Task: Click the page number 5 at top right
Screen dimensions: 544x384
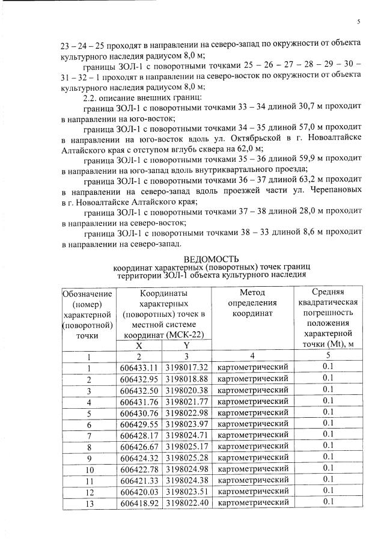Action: click(358, 22)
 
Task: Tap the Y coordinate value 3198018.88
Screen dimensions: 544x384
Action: click(187, 378)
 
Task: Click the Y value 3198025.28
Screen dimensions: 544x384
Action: click(187, 457)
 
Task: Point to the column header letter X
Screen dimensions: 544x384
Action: click(139, 345)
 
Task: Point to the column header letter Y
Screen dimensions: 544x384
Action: click(186, 345)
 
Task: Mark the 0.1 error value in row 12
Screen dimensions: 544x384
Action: click(328, 491)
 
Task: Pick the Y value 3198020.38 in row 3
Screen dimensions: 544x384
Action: click(187, 390)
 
